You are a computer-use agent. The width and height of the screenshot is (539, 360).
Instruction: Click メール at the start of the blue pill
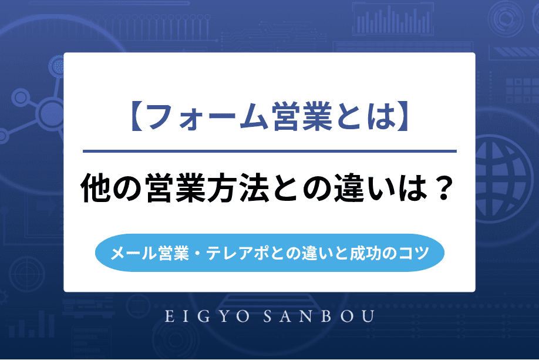coord(127,254)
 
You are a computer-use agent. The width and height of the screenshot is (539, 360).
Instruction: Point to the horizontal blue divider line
coord(269,152)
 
